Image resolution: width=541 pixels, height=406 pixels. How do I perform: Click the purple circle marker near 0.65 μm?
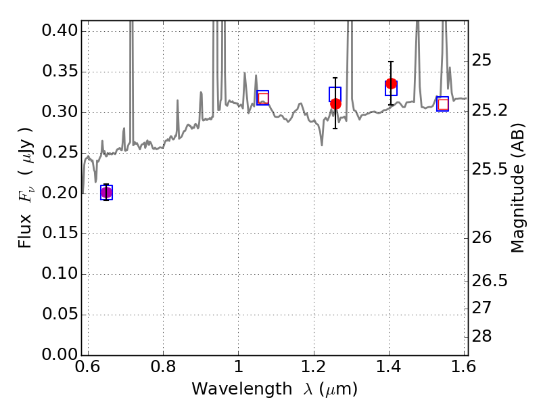tap(107, 193)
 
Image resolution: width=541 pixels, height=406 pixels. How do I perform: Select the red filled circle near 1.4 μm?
tap(391, 83)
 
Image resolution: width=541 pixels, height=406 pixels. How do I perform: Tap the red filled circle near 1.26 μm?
tap(335, 104)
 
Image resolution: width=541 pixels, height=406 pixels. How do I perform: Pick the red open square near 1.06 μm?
tap(263, 98)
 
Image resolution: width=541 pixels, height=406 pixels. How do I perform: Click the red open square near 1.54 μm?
tap(443, 104)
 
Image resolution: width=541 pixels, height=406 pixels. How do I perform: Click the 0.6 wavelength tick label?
tap(88, 367)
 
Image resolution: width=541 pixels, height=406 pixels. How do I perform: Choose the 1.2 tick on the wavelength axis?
tap(314, 367)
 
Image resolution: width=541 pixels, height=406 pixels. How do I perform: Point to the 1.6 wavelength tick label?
tap(463, 367)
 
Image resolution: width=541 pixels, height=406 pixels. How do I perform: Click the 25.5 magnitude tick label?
tap(490, 170)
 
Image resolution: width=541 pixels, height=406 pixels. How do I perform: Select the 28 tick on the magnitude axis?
tap(481, 336)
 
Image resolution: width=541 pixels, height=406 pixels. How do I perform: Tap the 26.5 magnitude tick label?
tap(490, 281)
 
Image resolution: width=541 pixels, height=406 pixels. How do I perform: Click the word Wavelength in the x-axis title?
tap(242, 389)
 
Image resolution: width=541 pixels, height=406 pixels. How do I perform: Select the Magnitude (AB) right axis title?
tap(517, 188)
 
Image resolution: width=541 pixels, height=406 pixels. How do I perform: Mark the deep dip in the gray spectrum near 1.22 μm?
tap(322, 145)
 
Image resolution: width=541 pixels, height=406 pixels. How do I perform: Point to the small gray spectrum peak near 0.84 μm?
tap(178, 101)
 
